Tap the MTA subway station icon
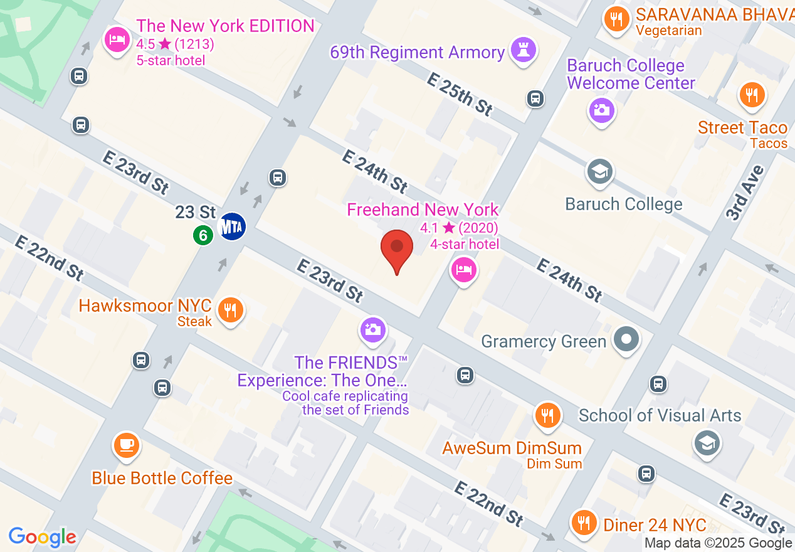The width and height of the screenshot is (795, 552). coord(231,226)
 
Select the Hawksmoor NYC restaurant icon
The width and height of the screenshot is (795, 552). coord(231,309)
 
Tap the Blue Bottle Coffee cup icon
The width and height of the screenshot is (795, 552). coord(126,445)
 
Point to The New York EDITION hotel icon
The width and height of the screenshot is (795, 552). coord(116,40)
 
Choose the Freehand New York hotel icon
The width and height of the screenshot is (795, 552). coord(463,270)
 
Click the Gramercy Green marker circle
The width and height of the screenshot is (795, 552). coord(626,340)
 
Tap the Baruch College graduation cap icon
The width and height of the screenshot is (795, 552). coord(599,171)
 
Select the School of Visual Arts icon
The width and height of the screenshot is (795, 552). coord(707,443)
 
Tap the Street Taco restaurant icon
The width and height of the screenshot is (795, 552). coord(750,95)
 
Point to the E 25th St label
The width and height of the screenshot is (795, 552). coord(460,93)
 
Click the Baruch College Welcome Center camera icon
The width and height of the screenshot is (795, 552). coord(601,110)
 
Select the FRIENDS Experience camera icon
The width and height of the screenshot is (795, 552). coord(373,329)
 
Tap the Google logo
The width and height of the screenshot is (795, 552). coord(43,537)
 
